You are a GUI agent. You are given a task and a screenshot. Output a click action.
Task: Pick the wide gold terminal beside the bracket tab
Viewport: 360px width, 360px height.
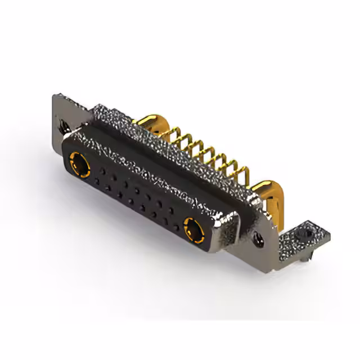point(264,191)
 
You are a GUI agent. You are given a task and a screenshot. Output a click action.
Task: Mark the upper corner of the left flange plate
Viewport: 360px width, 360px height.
point(56,97)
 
